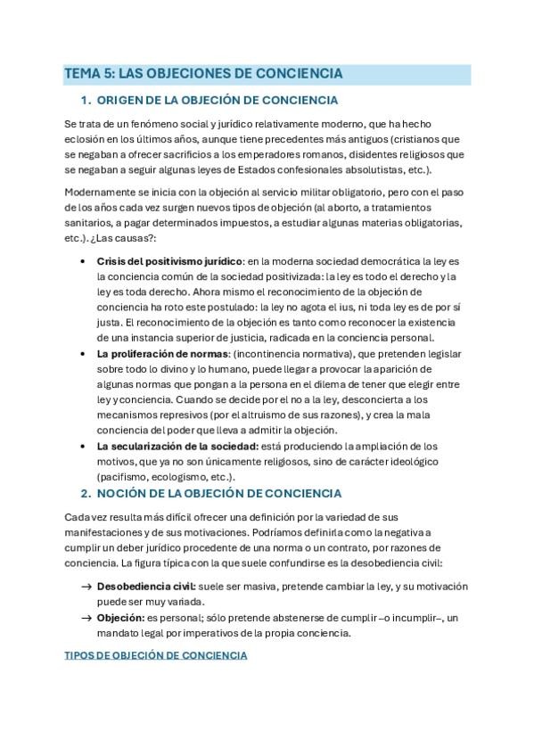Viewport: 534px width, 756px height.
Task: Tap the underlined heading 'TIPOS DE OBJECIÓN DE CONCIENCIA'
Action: click(x=156, y=656)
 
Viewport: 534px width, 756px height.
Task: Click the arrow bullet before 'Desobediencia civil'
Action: click(x=86, y=587)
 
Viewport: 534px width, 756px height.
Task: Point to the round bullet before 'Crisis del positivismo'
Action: click(x=83, y=261)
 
